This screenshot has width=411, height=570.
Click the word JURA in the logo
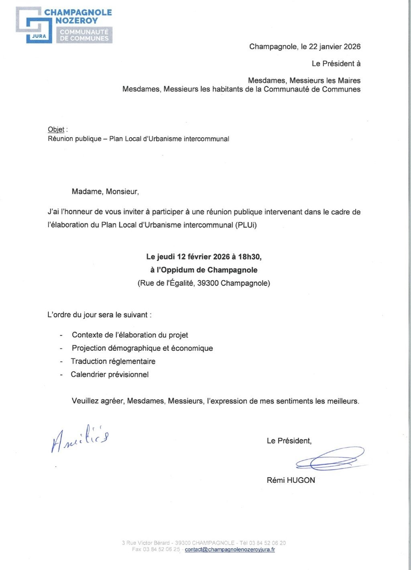[39, 36]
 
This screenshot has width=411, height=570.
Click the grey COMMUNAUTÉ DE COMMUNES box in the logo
[84, 35]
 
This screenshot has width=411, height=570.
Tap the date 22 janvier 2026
[335, 47]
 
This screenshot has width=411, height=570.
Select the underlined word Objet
[56, 129]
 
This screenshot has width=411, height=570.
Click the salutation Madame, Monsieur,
[105, 192]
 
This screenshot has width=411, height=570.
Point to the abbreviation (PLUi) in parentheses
[246, 225]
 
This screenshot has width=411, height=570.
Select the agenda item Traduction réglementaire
[113, 362]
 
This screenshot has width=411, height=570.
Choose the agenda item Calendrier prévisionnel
[110, 375]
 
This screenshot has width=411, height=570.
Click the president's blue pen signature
[330, 459]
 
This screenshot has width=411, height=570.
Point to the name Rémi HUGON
[291, 480]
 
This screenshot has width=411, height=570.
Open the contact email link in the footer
[230, 550]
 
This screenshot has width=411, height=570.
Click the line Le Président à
[336, 63]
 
